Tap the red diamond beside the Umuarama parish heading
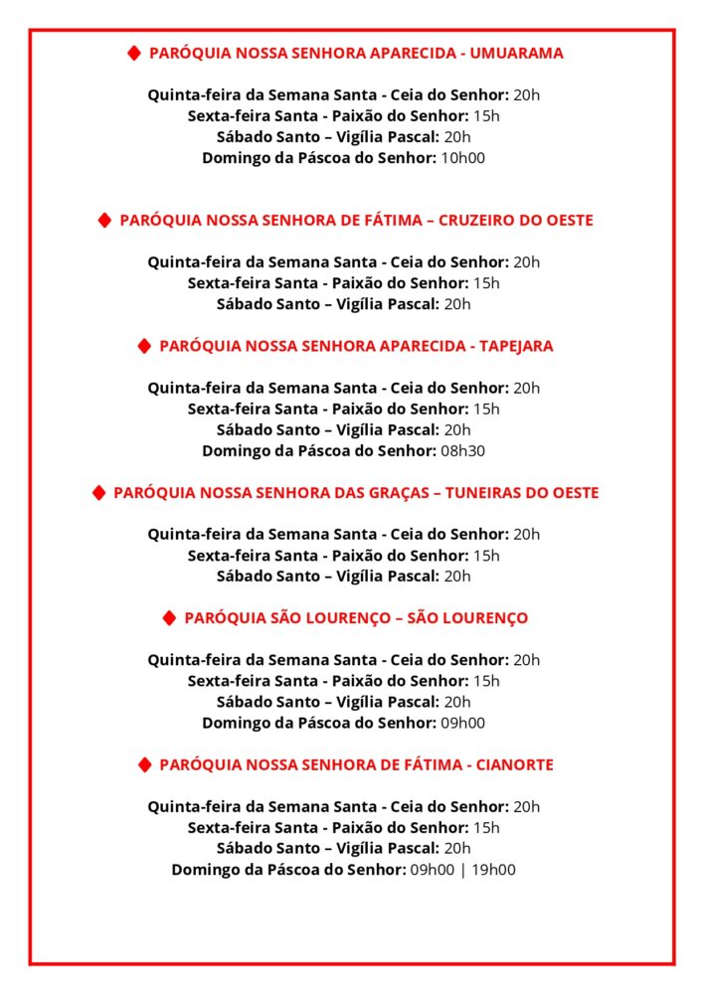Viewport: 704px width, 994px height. click(133, 54)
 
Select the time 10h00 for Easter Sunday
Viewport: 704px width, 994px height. click(462, 158)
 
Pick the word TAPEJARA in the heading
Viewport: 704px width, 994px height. click(516, 347)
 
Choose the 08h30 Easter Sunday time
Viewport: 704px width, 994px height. click(462, 451)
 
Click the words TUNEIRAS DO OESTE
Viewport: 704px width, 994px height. click(522, 493)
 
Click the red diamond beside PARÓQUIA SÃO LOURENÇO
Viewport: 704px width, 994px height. click(169, 618)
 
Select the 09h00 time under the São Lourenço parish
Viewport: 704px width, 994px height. click(462, 724)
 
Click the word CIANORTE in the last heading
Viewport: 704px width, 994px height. click(515, 765)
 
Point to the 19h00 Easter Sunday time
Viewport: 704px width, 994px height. click(493, 871)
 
